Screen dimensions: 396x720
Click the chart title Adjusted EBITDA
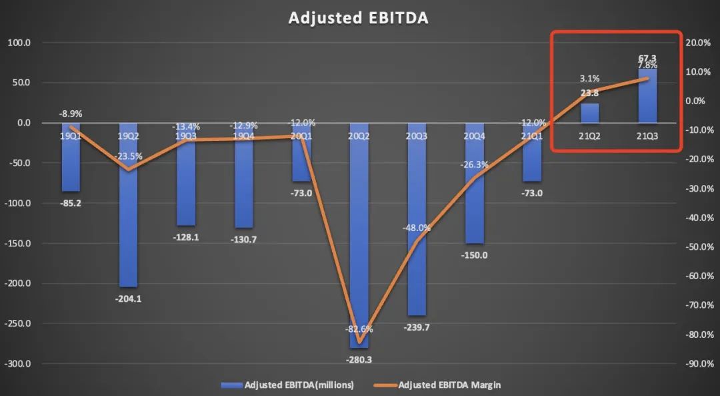point(358,18)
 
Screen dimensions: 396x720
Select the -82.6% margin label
point(359,329)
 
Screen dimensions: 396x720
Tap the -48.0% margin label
point(417,228)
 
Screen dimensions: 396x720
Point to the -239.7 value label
point(417,327)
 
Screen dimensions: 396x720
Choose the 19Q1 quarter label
point(71,136)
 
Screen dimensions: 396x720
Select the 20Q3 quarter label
point(417,136)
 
